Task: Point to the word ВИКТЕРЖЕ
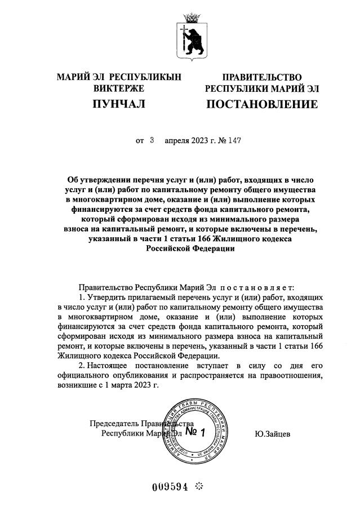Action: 118,88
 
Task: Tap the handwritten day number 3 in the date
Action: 152,139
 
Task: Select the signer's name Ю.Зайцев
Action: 272,433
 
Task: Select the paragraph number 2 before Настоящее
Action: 82,366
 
